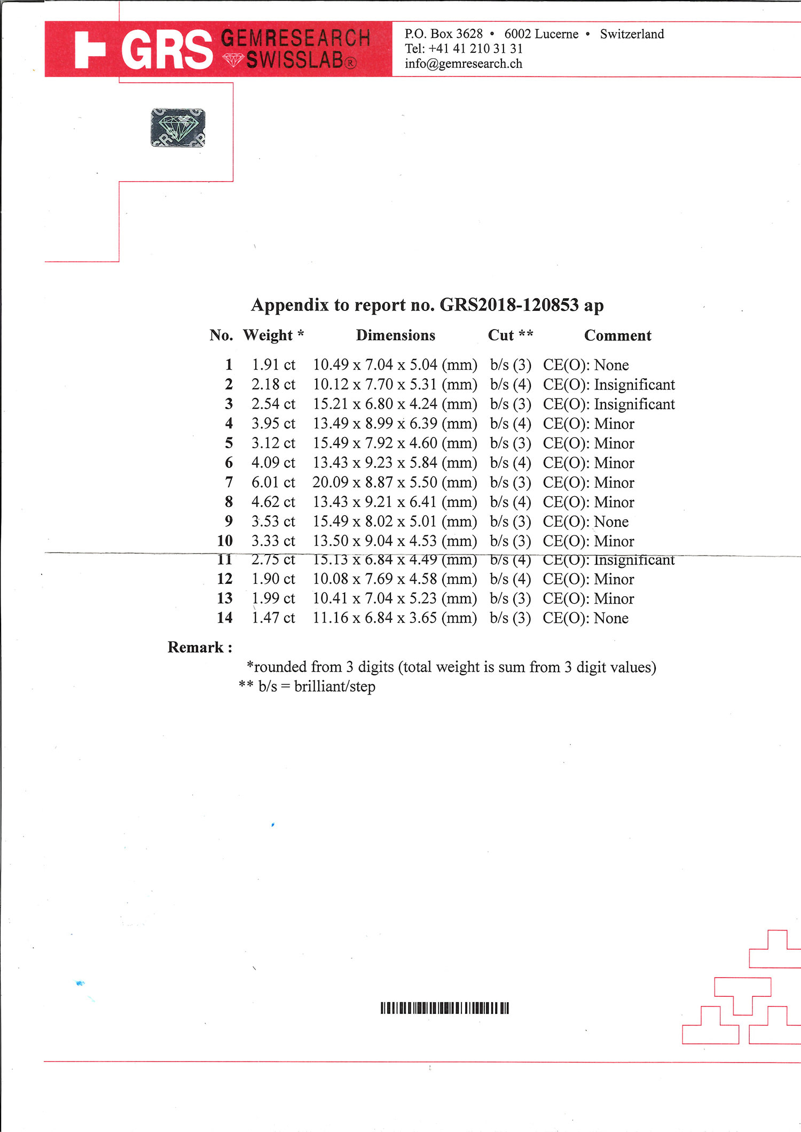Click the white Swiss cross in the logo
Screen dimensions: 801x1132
click(x=90, y=50)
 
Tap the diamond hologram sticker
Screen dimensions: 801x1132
click(x=178, y=128)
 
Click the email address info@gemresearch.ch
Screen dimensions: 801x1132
click(x=464, y=64)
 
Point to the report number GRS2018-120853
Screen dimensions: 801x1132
click(x=509, y=305)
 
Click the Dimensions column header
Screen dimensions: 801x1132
click(x=396, y=335)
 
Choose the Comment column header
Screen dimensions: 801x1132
click(x=618, y=335)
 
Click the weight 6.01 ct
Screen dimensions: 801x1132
click(x=273, y=482)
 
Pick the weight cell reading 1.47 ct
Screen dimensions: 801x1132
click(x=273, y=618)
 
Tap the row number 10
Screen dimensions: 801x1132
click(x=225, y=541)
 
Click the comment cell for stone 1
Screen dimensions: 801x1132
click(x=586, y=365)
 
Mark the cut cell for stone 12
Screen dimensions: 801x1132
click(x=511, y=579)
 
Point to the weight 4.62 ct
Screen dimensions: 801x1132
click(x=273, y=502)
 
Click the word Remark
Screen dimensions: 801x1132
click(x=195, y=647)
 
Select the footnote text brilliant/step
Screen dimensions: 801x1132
click(x=335, y=686)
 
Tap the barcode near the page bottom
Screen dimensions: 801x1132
click(x=445, y=1008)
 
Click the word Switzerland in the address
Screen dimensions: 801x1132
click(x=632, y=34)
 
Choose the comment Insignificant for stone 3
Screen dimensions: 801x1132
click(x=634, y=404)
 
